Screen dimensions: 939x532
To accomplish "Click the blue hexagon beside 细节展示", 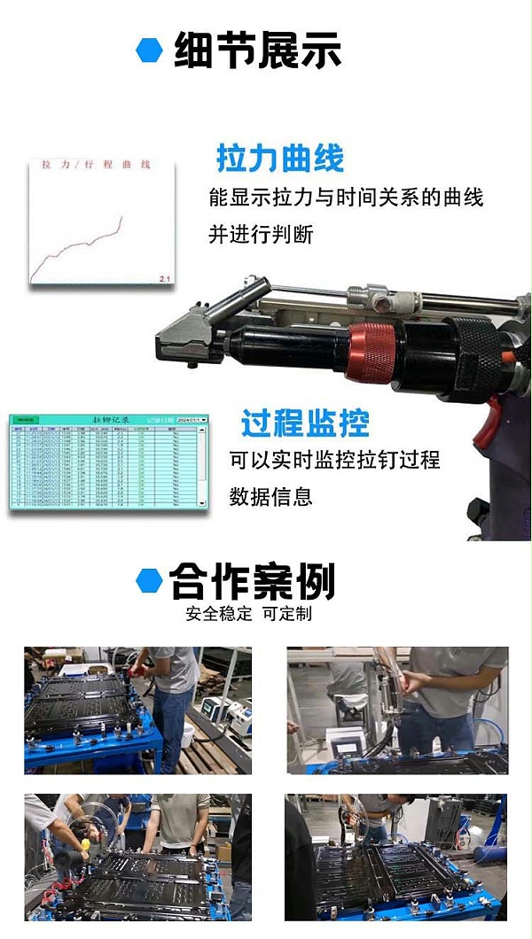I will point(149,50).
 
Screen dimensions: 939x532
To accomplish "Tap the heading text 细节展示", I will point(258,50).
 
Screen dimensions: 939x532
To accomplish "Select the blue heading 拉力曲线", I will point(280,159).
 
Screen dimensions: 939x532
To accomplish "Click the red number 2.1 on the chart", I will point(164,279).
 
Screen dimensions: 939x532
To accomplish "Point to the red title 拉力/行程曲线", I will point(96,165).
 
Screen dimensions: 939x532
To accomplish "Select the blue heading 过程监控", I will point(305,423).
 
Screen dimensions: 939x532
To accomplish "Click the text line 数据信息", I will point(270,497).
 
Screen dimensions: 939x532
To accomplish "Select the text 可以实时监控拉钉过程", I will point(334,461).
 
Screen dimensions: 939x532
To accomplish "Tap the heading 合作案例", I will point(252,582).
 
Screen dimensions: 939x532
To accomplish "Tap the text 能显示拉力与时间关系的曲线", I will point(346,198).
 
